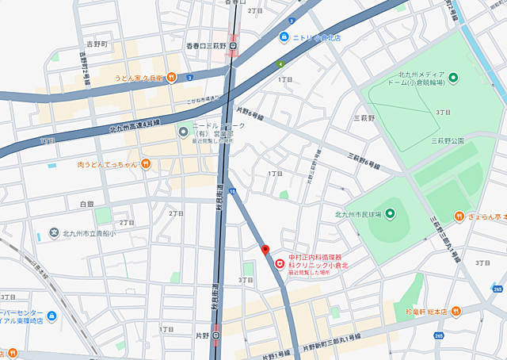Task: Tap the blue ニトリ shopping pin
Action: pyautogui.click(x=284, y=37)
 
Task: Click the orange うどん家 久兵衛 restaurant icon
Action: pyautogui.click(x=171, y=78)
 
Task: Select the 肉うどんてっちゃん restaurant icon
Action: pyautogui.click(x=146, y=164)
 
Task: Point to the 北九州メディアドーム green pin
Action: pyautogui.click(x=453, y=77)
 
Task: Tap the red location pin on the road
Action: pyautogui.click(x=265, y=251)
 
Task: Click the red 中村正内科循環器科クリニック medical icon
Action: pyautogui.click(x=279, y=264)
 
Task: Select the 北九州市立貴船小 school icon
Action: pyautogui.click(x=54, y=232)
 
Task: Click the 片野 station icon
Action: pyautogui.click(x=215, y=335)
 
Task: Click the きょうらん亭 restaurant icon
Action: pyautogui.click(x=459, y=216)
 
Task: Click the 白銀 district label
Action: pyautogui.click(x=87, y=204)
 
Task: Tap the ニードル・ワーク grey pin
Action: pyautogui.click(x=183, y=132)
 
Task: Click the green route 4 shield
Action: pyautogui.click(x=280, y=63)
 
